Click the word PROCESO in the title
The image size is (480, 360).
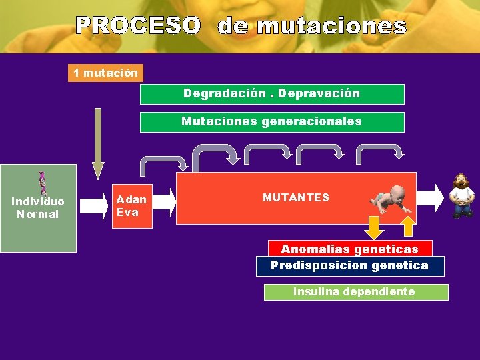pos(137,25)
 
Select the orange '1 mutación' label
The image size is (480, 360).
pos(105,72)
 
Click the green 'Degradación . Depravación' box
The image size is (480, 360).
pos(271,94)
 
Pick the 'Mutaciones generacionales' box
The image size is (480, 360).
pos(271,122)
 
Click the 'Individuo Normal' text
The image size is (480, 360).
pos(38,208)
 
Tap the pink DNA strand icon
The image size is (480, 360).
pos(42,183)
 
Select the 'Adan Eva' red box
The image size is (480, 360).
pos(131,205)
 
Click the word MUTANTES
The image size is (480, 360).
pos(295,198)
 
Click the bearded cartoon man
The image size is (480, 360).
pos(461,196)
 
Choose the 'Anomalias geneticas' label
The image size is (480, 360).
pos(349,249)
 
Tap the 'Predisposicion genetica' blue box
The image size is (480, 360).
pos(350,265)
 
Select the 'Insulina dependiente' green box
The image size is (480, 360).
pos(355,292)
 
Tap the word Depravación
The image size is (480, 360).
pos(319,93)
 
